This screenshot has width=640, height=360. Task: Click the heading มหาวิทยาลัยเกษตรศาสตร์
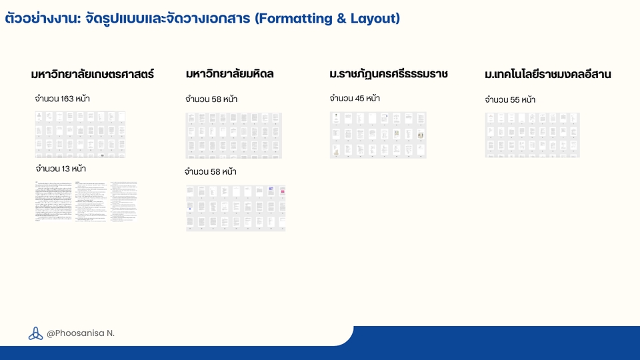click(x=93, y=75)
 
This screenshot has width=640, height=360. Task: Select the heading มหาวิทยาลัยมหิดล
click(x=230, y=74)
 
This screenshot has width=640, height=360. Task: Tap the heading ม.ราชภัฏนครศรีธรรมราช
click(x=389, y=74)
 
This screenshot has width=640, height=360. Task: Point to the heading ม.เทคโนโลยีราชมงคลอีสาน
click(x=548, y=75)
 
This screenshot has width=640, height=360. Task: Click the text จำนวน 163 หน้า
click(x=63, y=99)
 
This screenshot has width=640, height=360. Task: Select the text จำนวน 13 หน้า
click(x=61, y=169)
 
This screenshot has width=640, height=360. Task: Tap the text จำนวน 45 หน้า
click(x=355, y=99)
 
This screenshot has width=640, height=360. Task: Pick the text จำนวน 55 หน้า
click(x=510, y=100)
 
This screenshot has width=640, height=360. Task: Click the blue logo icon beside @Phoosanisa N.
click(x=35, y=333)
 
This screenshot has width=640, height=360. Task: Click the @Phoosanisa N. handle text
click(x=81, y=333)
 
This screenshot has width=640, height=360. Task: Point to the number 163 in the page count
click(x=67, y=99)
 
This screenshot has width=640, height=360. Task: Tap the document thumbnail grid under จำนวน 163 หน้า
click(x=80, y=135)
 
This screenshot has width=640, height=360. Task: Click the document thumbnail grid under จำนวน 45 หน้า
click(x=378, y=135)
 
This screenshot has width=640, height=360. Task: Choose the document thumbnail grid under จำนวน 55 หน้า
click(x=532, y=135)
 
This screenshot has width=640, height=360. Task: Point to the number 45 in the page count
click(x=361, y=99)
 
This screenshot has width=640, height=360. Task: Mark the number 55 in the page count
click(x=516, y=100)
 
